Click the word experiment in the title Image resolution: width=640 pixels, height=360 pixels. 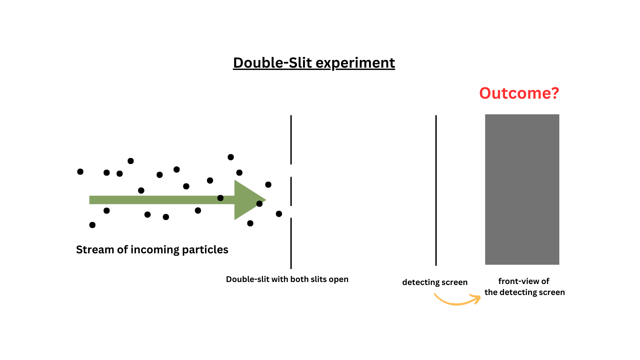point(355,63)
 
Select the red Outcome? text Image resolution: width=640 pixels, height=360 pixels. point(519,93)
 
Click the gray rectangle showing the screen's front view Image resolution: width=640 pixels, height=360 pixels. point(522,189)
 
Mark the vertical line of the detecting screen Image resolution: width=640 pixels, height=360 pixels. point(436,190)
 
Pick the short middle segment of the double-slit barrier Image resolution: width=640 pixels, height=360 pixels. point(291,191)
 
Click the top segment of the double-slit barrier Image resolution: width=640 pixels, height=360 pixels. point(291,140)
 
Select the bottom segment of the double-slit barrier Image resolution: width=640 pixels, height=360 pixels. point(291,243)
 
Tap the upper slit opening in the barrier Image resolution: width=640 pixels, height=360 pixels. point(291,171)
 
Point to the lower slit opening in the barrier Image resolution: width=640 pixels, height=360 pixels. point(291,212)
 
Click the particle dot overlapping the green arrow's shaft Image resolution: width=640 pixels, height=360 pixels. point(220,198)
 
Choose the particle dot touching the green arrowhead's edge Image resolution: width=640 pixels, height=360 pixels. point(259,204)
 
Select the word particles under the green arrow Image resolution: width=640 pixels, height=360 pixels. point(205,250)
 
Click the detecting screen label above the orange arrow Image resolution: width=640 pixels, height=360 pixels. point(435,282)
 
